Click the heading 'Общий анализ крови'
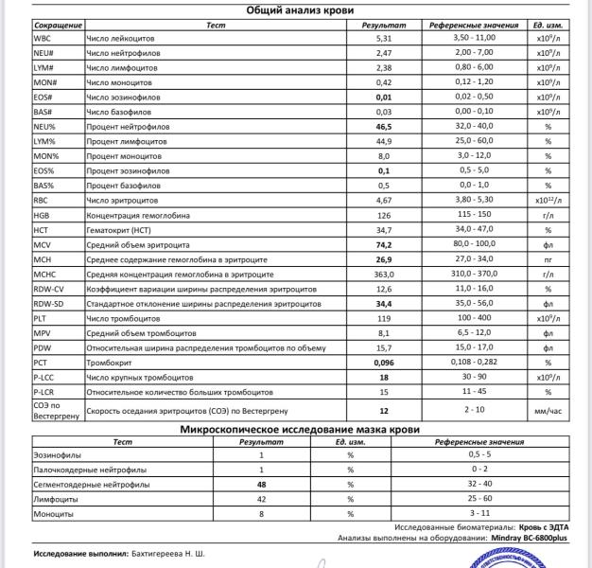[x=301, y=9]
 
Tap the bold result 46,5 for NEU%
[x=383, y=125]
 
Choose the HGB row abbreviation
[x=43, y=214]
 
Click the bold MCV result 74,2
[x=383, y=244]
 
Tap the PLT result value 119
[x=383, y=318]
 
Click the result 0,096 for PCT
[x=383, y=363]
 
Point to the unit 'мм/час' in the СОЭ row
[x=548, y=411]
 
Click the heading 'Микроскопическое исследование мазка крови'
[x=301, y=429]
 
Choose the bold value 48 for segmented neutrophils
[x=260, y=484]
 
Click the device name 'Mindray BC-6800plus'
[x=536, y=537]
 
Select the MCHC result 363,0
[x=383, y=274]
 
